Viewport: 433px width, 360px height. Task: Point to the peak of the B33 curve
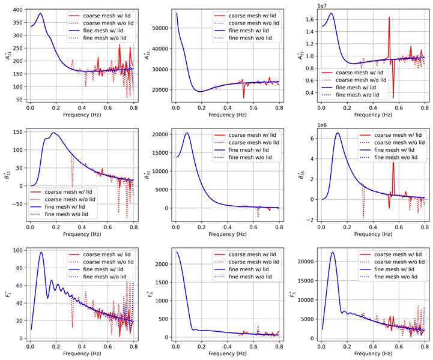(187, 133)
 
